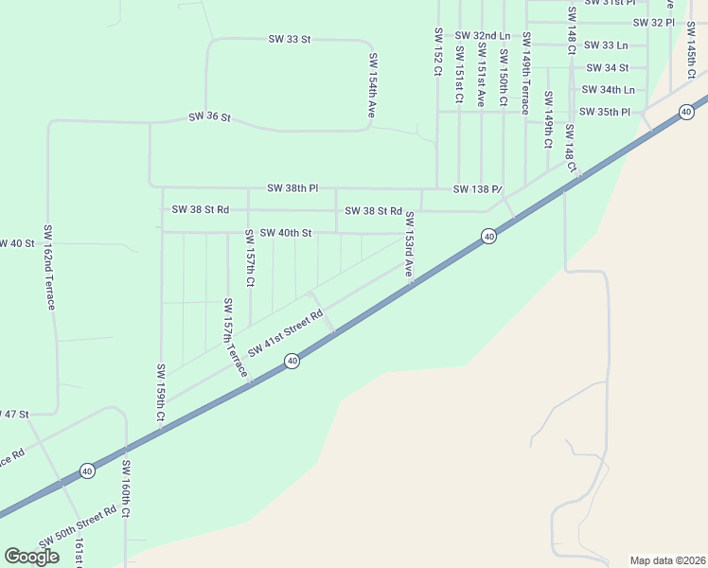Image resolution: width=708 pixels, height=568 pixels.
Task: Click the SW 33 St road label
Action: pyautogui.click(x=290, y=39)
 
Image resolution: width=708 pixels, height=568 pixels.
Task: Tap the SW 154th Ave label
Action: pyautogui.click(x=373, y=85)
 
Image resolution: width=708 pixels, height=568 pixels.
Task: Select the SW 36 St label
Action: pyautogui.click(x=209, y=117)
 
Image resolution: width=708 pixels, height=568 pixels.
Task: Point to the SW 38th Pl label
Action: pyautogui.click(x=292, y=188)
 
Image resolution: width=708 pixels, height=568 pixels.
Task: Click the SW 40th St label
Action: pyautogui.click(x=285, y=233)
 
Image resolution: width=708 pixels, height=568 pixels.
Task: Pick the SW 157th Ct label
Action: pyautogui.click(x=250, y=257)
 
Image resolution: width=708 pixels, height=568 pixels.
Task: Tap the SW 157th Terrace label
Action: pyautogui.click(x=234, y=338)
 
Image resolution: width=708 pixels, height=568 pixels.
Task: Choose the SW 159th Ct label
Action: pyautogui.click(x=161, y=393)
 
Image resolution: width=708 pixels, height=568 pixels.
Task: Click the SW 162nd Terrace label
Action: pyautogui.click(x=49, y=268)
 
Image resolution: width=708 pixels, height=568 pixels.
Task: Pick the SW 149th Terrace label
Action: pyautogui.click(x=525, y=70)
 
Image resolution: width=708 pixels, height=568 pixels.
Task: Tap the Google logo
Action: pyautogui.click(x=32, y=557)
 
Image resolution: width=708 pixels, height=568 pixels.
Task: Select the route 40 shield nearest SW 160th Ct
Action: pyautogui.click(x=87, y=470)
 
